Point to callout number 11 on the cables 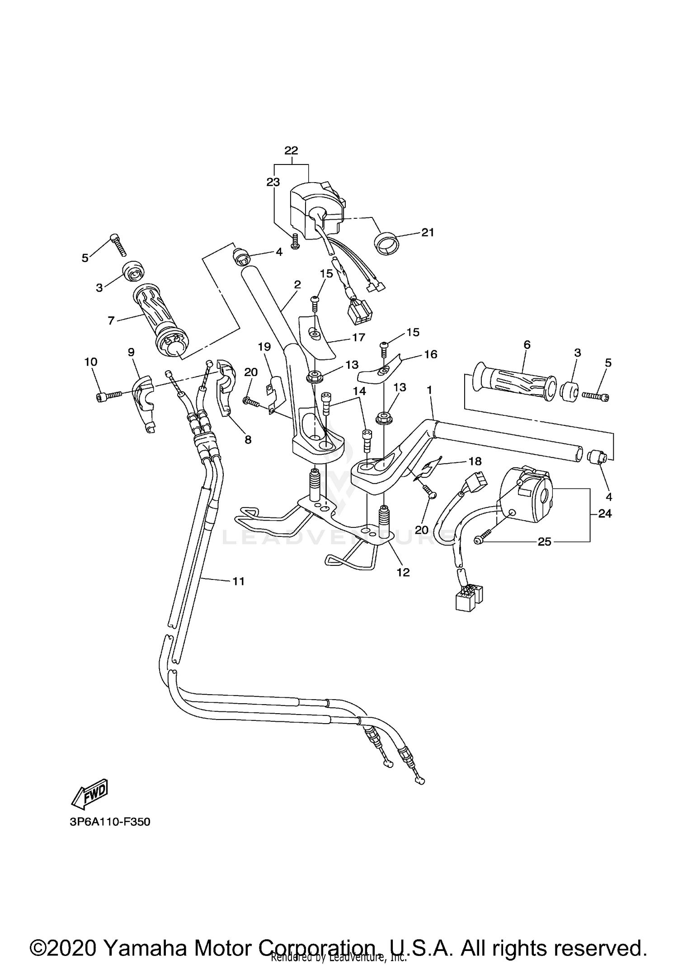point(238,581)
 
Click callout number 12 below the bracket point(403,572)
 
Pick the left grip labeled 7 point(161,320)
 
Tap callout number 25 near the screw point(544,541)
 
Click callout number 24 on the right point(605,513)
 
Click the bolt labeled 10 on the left point(108,396)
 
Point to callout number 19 point(264,347)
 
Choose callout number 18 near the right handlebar point(475,461)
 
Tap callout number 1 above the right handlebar point(429,389)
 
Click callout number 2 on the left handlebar point(297,285)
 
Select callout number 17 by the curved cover point(358,337)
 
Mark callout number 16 point(430,354)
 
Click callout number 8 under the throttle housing point(248,439)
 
